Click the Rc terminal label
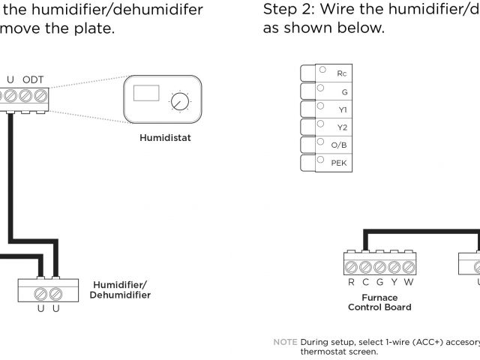click(x=342, y=73)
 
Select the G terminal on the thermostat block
click(x=343, y=91)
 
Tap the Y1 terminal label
click(x=343, y=109)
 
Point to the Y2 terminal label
click(x=343, y=127)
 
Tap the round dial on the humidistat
click(x=178, y=103)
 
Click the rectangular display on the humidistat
click(x=146, y=94)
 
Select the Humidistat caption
click(x=165, y=138)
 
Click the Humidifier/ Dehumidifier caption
click(x=121, y=289)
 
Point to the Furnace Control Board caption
click(x=379, y=302)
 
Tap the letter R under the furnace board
click(x=351, y=283)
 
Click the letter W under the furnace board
click(x=409, y=283)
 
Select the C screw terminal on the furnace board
click(x=365, y=266)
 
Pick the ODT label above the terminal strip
click(x=33, y=79)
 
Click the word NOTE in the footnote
click(x=286, y=342)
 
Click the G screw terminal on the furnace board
click(x=379, y=266)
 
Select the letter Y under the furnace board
click(x=394, y=283)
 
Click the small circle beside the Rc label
click(x=322, y=70)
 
